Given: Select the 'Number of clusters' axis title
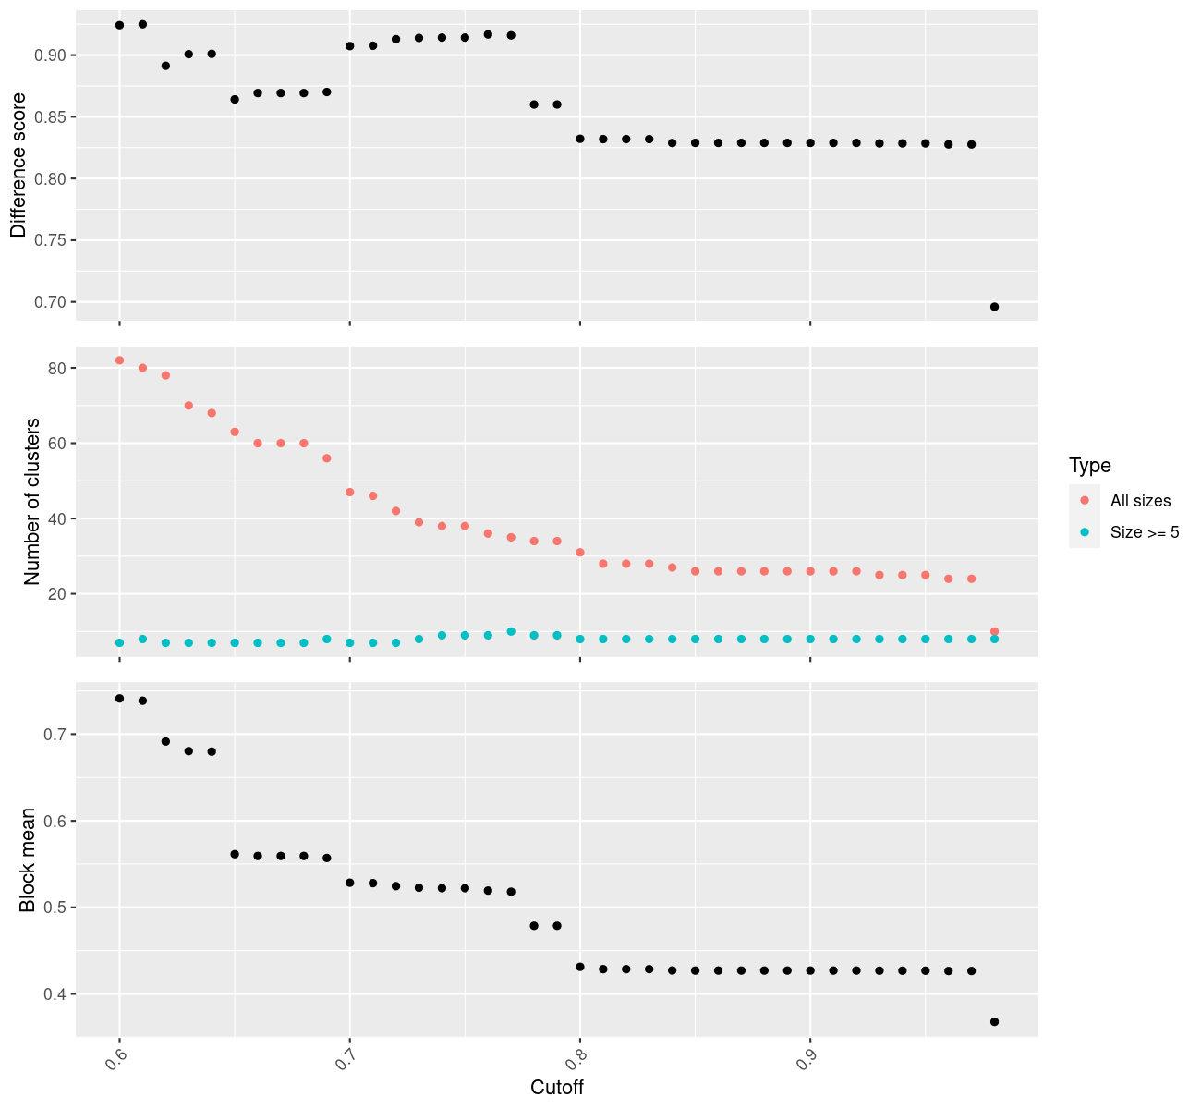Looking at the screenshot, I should coord(32,501).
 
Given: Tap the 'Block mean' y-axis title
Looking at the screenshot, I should coord(28,859).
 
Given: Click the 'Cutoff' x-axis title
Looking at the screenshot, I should coord(557,1087).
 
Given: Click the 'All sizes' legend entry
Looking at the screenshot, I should coord(1140,501).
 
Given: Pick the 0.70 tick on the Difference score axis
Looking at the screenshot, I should coord(52,302).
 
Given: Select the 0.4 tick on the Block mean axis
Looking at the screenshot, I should coord(55,994).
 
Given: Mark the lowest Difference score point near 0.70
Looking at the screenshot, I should coord(994,307).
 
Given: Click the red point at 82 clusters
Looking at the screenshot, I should coord(119,360).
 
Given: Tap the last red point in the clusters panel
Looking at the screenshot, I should coord(994,632).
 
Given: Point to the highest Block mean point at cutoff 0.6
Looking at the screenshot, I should coord(119,699).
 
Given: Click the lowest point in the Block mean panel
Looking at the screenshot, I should coord(994,1022).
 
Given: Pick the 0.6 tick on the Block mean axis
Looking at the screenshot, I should coord(55,821).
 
